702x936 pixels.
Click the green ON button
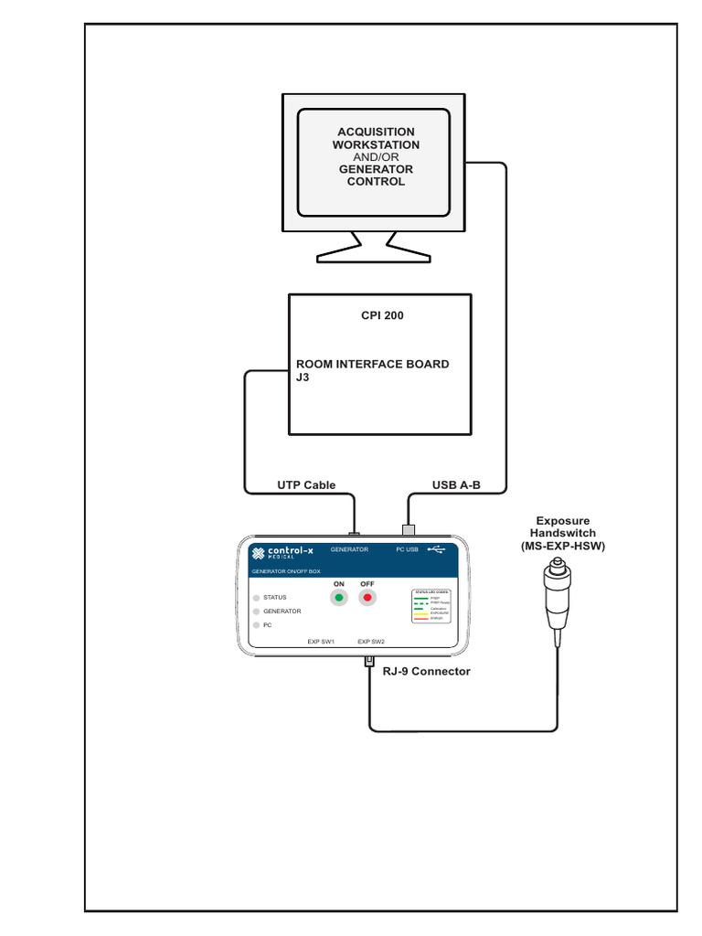point(339,598)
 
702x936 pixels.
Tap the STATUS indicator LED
point(256,598)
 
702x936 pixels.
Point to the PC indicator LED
point(256,625)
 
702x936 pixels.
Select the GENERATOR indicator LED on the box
point(256,612)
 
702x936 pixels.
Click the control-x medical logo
point(282,552)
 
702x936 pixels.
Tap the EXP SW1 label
point(321,642)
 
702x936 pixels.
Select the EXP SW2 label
point(371,642)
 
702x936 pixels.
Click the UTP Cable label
point(306,485)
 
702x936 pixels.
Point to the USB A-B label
point(456,485)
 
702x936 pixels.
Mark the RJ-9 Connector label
point(427,671)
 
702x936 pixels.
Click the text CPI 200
point(382,316)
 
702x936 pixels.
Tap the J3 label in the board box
point(303,377)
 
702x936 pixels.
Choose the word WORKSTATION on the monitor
point(376,144)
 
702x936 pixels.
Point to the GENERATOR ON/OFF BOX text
point(286,571)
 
